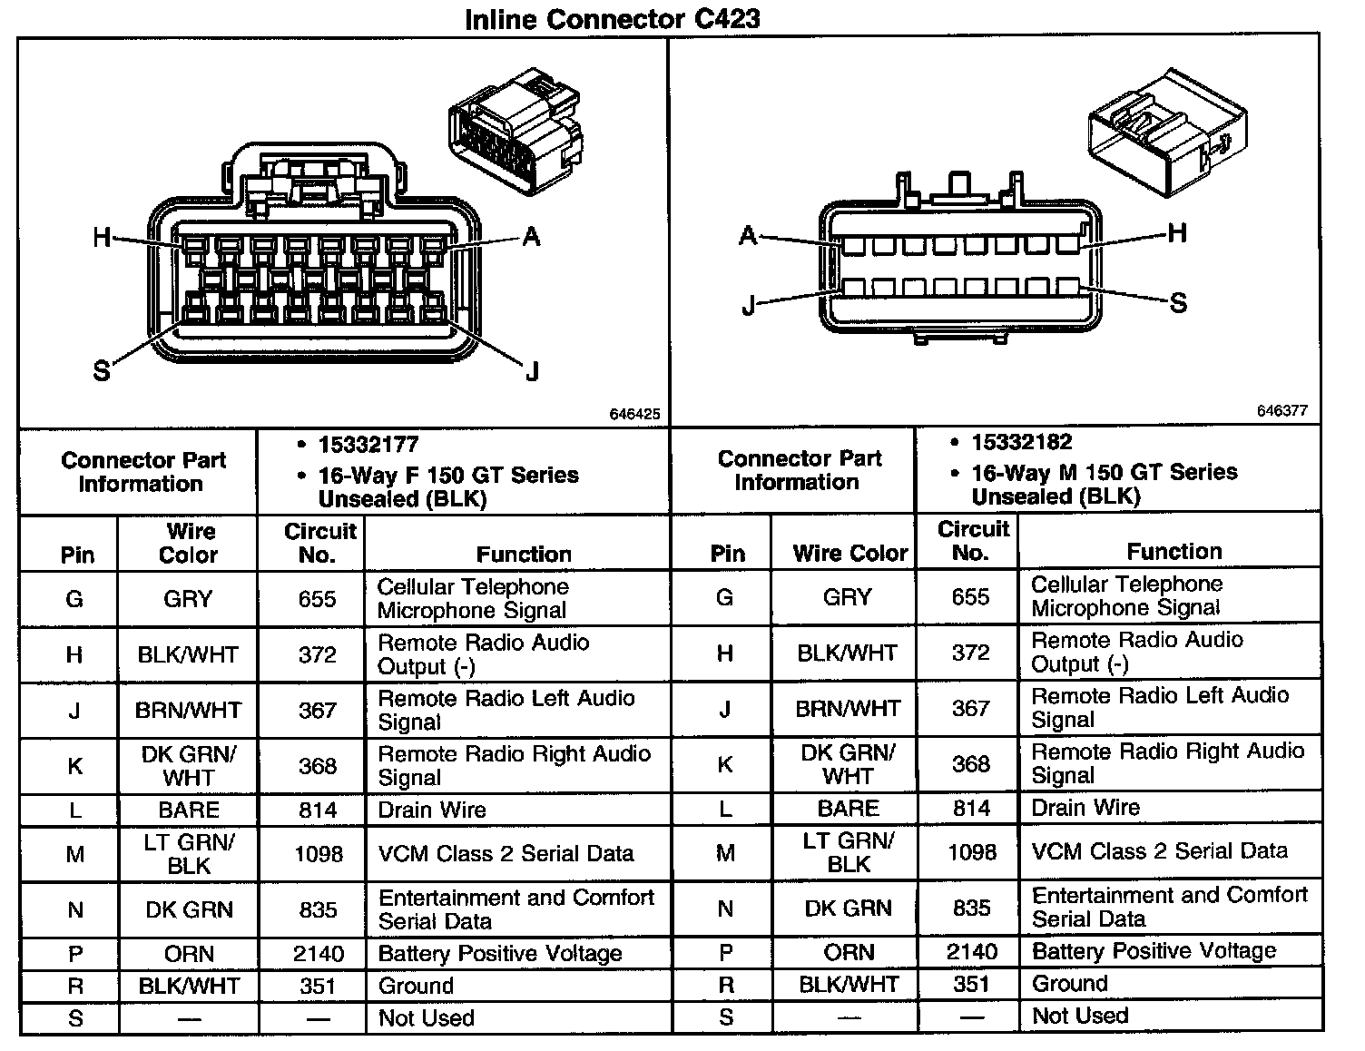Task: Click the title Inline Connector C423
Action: pyautogui.click(x=613, y=17)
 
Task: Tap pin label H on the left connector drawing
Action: pyautogui.click(x=102, y=238)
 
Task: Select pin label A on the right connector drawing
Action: pyautogui.click(x=748, y=236)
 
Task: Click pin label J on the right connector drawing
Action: pyautogui.click(x=749, y=305)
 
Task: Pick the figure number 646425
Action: pyautogui.click(x=634, y=414)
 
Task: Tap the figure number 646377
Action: pyautogui.click(x=1282, y=411)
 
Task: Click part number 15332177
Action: pyautogui.click(x=368, y=445)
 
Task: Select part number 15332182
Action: pyautogui.click(x=1022, y=442)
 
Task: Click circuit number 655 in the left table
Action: pyautogui.click(x=318, y=599)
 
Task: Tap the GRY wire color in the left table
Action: pyautogui.click(x=188, y=599)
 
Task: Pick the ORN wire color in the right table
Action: pyautogui.click(x=849, y=952)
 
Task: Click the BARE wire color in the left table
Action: pyautogui.click(x=189, y=810)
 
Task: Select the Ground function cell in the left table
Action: pyautogui.click(x=416, y=986)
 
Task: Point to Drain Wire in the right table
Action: pyautogui.click(x=1085, y=808)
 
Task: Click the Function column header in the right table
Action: pyautogui.click(x=1174, y=551)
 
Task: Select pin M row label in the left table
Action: pyautogui.click(x=75, y=854)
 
